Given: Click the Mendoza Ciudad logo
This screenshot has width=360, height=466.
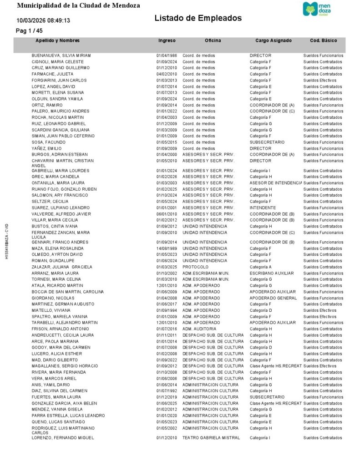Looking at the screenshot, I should coord(318,9).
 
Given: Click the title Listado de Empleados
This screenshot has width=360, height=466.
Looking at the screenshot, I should coord(198,18).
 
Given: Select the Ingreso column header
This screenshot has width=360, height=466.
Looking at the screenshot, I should coord(167,41).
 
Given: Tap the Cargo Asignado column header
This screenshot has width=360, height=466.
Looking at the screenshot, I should coord(274,41).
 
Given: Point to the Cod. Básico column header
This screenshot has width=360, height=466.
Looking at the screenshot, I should coord(323,41).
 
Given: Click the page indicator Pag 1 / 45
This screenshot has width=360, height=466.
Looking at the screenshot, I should coord(29,30).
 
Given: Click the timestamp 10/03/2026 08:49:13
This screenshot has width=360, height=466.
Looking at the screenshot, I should coord(43,20).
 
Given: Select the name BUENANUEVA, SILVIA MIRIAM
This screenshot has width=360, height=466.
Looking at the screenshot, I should coord(61,56).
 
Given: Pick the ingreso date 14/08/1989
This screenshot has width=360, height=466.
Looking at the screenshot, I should coord(167,248).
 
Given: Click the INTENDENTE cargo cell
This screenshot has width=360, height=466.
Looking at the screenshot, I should coord(263,208).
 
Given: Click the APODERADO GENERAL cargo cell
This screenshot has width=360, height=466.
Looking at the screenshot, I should coord(273,298).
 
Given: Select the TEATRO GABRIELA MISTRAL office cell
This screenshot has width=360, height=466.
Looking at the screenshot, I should coord(210,438).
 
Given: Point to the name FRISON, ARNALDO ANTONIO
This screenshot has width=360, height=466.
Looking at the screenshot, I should coord(60,329).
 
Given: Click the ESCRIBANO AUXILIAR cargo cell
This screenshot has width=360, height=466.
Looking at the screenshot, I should coord(272,273).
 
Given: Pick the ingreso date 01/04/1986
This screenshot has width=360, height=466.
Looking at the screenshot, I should coord(167,56).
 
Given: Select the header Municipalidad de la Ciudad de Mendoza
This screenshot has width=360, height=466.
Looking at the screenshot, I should coord(78,5).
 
